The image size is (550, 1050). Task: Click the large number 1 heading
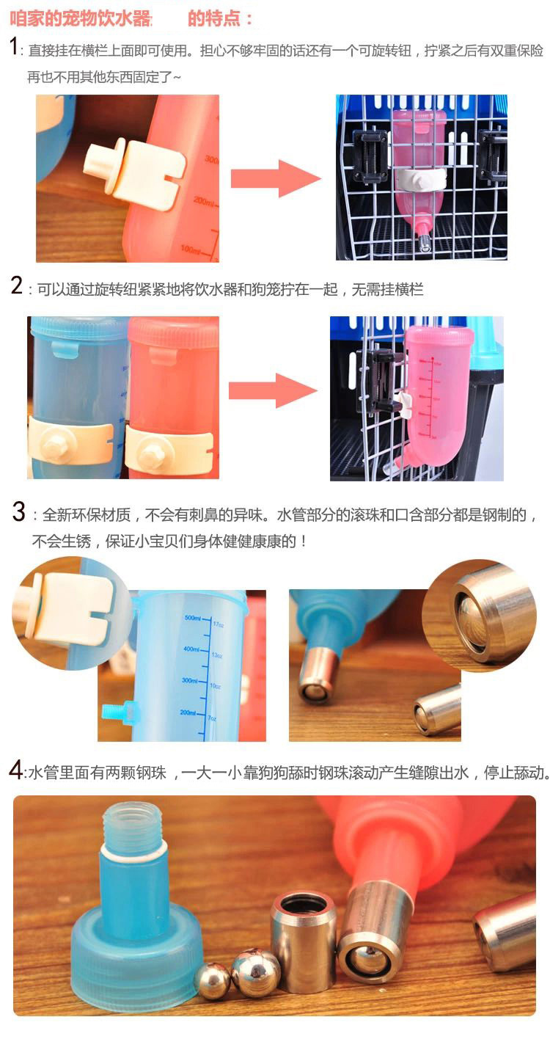(14, 47)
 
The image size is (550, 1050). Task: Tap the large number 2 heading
(17, 285)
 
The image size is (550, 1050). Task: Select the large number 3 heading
(19, 511)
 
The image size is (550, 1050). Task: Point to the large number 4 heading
(15, 770)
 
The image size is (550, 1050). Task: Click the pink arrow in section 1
(276, 178)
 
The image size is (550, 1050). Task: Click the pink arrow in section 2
(273, 390)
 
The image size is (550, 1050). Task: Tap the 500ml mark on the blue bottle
(193, 618)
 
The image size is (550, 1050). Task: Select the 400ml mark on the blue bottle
(191, 649)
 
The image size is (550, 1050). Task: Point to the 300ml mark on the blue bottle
(190, 680)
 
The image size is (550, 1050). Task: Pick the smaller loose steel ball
(212, 979)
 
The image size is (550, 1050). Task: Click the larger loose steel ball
(255, 973)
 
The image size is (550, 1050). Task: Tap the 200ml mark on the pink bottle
(204, 202)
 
